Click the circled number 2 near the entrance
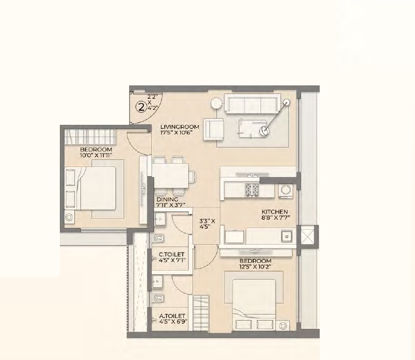(x=141, y=107)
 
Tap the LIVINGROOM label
(x=180, y=127)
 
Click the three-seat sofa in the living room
(x=253, y=104)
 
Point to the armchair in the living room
(x=213, y=129)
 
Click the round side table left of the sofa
(x=216, y=104)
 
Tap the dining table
(x=170, y=176)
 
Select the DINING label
(x=167, y=200)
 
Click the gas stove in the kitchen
(x=252, y=190)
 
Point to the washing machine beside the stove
(x=285, y=191)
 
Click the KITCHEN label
(x=274, y=212)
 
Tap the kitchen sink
(x=286, y=236)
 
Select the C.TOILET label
(x=172, y=255)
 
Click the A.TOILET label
(x=172, y=316)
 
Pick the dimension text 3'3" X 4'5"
(x=207, y=224)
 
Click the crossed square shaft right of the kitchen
(x=308, y=236)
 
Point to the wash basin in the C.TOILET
(x=160, y=219)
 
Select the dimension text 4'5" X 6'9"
(x=173, y=322)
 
